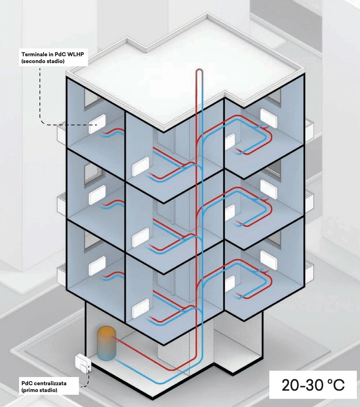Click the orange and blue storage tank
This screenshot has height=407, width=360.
(x=107, y=343)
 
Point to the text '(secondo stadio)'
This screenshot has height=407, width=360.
(x=41, y=61)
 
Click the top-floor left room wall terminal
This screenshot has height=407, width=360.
(x=97, y=124)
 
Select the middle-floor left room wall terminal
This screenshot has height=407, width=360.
(x=97, y=196)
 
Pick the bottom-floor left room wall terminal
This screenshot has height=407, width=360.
(x=97, y=266)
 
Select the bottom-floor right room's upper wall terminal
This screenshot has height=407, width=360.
(x=268, y=259)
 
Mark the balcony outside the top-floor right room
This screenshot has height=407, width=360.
(x=308, y=128)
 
